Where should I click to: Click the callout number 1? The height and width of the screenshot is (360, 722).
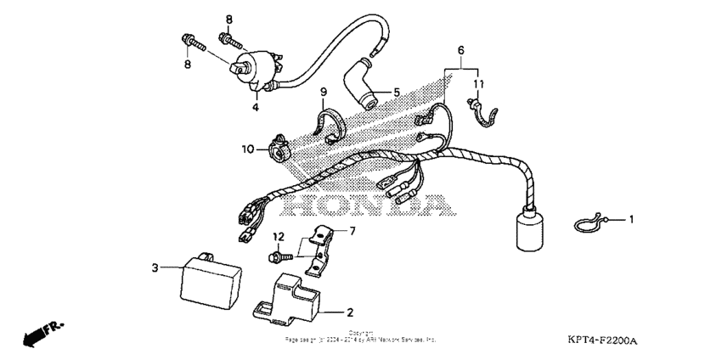click(631, 220)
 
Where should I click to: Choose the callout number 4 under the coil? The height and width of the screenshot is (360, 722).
click(254, 107)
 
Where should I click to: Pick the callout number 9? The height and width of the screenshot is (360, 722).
click(324, 91)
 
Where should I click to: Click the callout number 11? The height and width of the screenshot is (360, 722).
click(478, 83)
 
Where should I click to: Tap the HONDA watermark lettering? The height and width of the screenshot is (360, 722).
click(365, 206)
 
